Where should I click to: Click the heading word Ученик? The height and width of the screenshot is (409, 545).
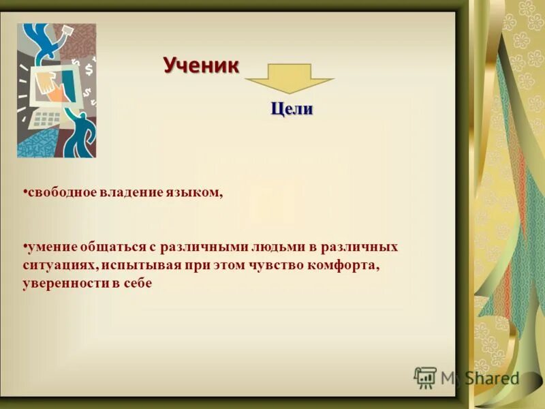click(201, 66)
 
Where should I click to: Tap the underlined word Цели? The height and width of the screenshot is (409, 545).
click(292, 109)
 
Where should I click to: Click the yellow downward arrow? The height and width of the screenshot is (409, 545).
click(289, 78)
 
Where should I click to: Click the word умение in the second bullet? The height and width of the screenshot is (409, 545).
click(50, 246)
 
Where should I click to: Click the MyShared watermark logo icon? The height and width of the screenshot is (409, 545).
click(425, 377)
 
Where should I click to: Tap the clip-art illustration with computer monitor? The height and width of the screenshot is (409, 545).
click(57, 91)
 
